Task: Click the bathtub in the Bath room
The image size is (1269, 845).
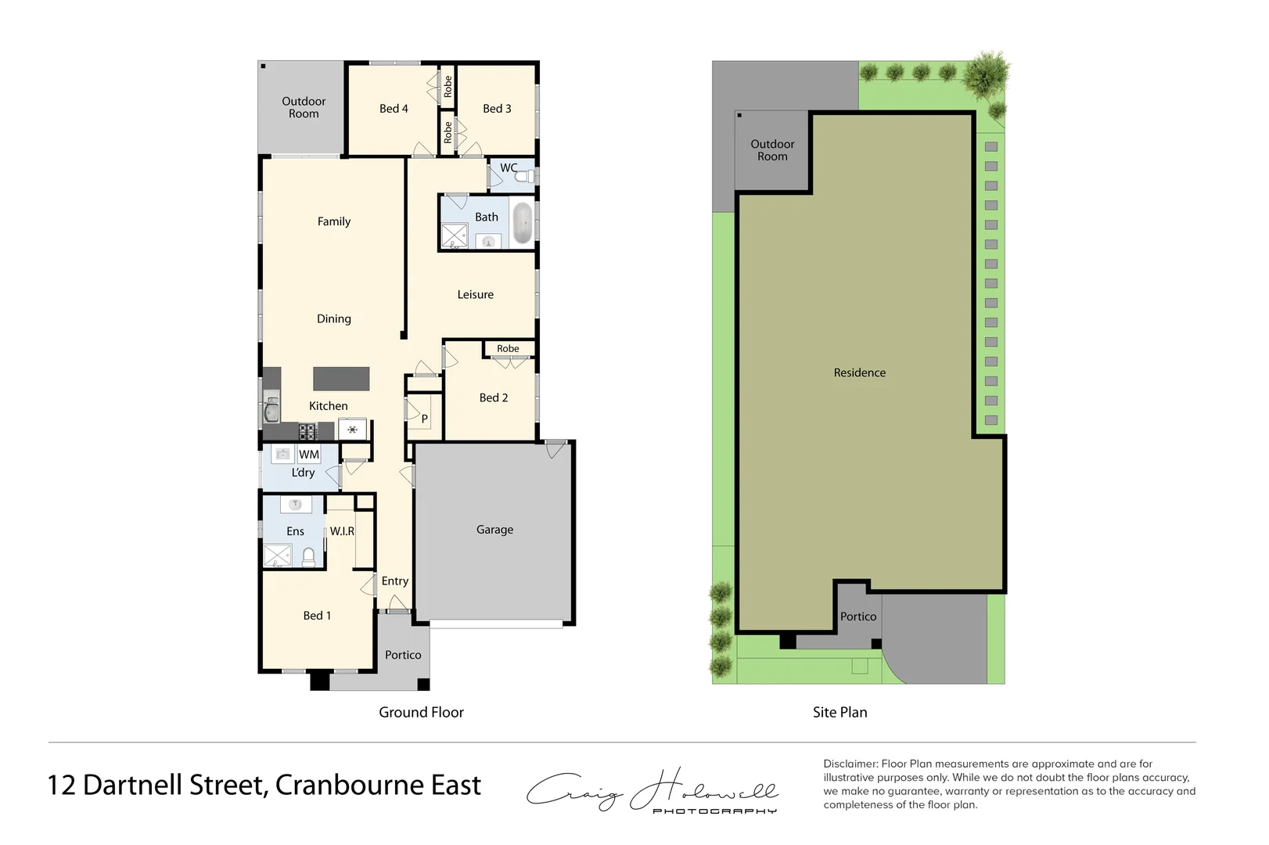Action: [x=521, y=224]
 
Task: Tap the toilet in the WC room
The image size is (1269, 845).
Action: [x=527, y=176]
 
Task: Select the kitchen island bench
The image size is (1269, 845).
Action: [x=341, y=379]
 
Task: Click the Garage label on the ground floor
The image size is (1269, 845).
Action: [x=494, y=530]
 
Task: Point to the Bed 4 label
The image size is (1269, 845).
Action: [x=394, y=109]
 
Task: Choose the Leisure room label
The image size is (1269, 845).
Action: [x=475, y=295]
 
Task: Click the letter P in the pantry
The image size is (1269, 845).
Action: [x=425, y=419]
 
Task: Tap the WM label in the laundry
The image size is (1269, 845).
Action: [x=309, y=455]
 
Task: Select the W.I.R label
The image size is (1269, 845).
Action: [x=342, y=531]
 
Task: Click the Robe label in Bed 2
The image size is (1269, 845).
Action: [x=508, y=349]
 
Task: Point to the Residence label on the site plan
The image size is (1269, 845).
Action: [x=859, y=373]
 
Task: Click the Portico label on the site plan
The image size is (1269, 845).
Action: [x=858, y=617]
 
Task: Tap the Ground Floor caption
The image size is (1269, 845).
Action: [x=421, y=712]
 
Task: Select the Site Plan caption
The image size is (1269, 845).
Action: [x=839, y=712]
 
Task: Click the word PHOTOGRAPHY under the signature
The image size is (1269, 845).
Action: [x=714, y=811]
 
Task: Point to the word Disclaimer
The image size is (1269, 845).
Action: [x=850, y=764]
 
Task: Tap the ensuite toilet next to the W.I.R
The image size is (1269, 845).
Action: [x=308, y=557]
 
